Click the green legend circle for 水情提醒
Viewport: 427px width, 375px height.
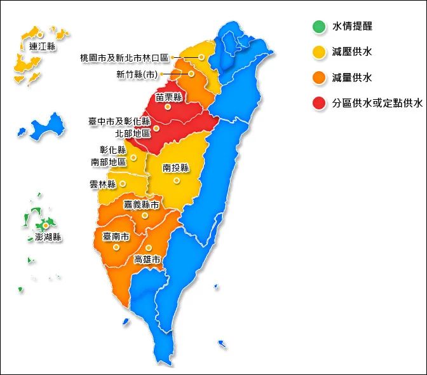pos(319,27)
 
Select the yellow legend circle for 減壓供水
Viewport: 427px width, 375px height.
pos(319,52)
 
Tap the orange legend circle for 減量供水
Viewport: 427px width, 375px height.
pos(319,78)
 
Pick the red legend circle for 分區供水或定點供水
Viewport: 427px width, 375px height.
pos(319,102)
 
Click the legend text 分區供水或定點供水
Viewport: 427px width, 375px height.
pos(377,103)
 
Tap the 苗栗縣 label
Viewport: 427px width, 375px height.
pos(169,97)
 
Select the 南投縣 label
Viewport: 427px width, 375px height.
pos(176,168)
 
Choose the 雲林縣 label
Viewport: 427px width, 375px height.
pos(103,184)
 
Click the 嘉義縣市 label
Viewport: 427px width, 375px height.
pos(141,205)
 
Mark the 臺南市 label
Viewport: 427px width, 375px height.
pos(116,236)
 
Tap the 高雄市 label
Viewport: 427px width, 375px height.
pos(147,259)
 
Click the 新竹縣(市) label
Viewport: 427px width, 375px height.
pos(137,74)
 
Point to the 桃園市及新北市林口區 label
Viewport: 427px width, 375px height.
pos(124,58)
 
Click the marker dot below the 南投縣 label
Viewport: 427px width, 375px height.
pos(177,181)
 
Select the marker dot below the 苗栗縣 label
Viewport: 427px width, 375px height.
pos(168,107)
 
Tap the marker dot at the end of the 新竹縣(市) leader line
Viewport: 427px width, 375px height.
pos(191,74)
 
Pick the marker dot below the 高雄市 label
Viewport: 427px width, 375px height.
pos(147,248)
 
